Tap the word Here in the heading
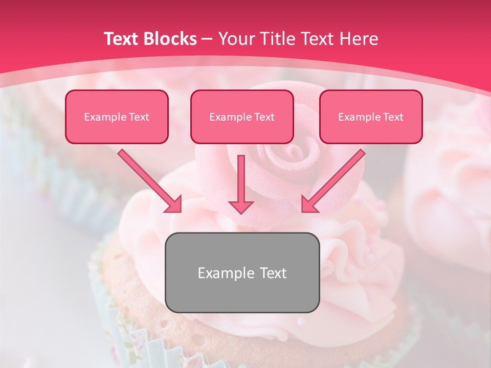[360, 39]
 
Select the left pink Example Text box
[117, 117]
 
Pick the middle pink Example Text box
[242, 117]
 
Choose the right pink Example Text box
[371, 117]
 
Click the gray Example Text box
[242, 272]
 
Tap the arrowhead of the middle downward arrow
[241, 206]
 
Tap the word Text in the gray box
[273, 273]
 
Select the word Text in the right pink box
[393, 117]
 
